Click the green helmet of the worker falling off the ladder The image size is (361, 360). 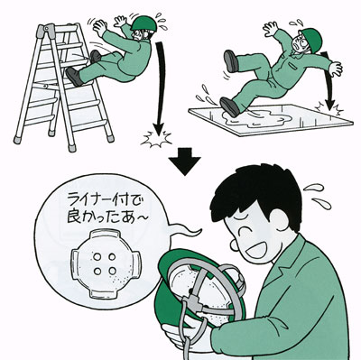click(144, 23)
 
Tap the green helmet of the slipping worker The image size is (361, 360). click(312, 39)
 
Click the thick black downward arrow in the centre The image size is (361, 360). click(184, 161)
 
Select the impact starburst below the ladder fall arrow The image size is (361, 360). click(157, 139)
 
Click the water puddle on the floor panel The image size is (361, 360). click(255, 118)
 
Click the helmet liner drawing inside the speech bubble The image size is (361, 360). click(106, 264)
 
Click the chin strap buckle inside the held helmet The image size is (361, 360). click(193, 302)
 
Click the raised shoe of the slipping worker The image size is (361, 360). click(231, 61)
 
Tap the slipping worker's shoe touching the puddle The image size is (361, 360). click(230, 106)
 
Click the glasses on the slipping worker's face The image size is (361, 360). click(299, 42)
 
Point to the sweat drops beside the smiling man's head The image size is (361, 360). click(318, 196)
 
